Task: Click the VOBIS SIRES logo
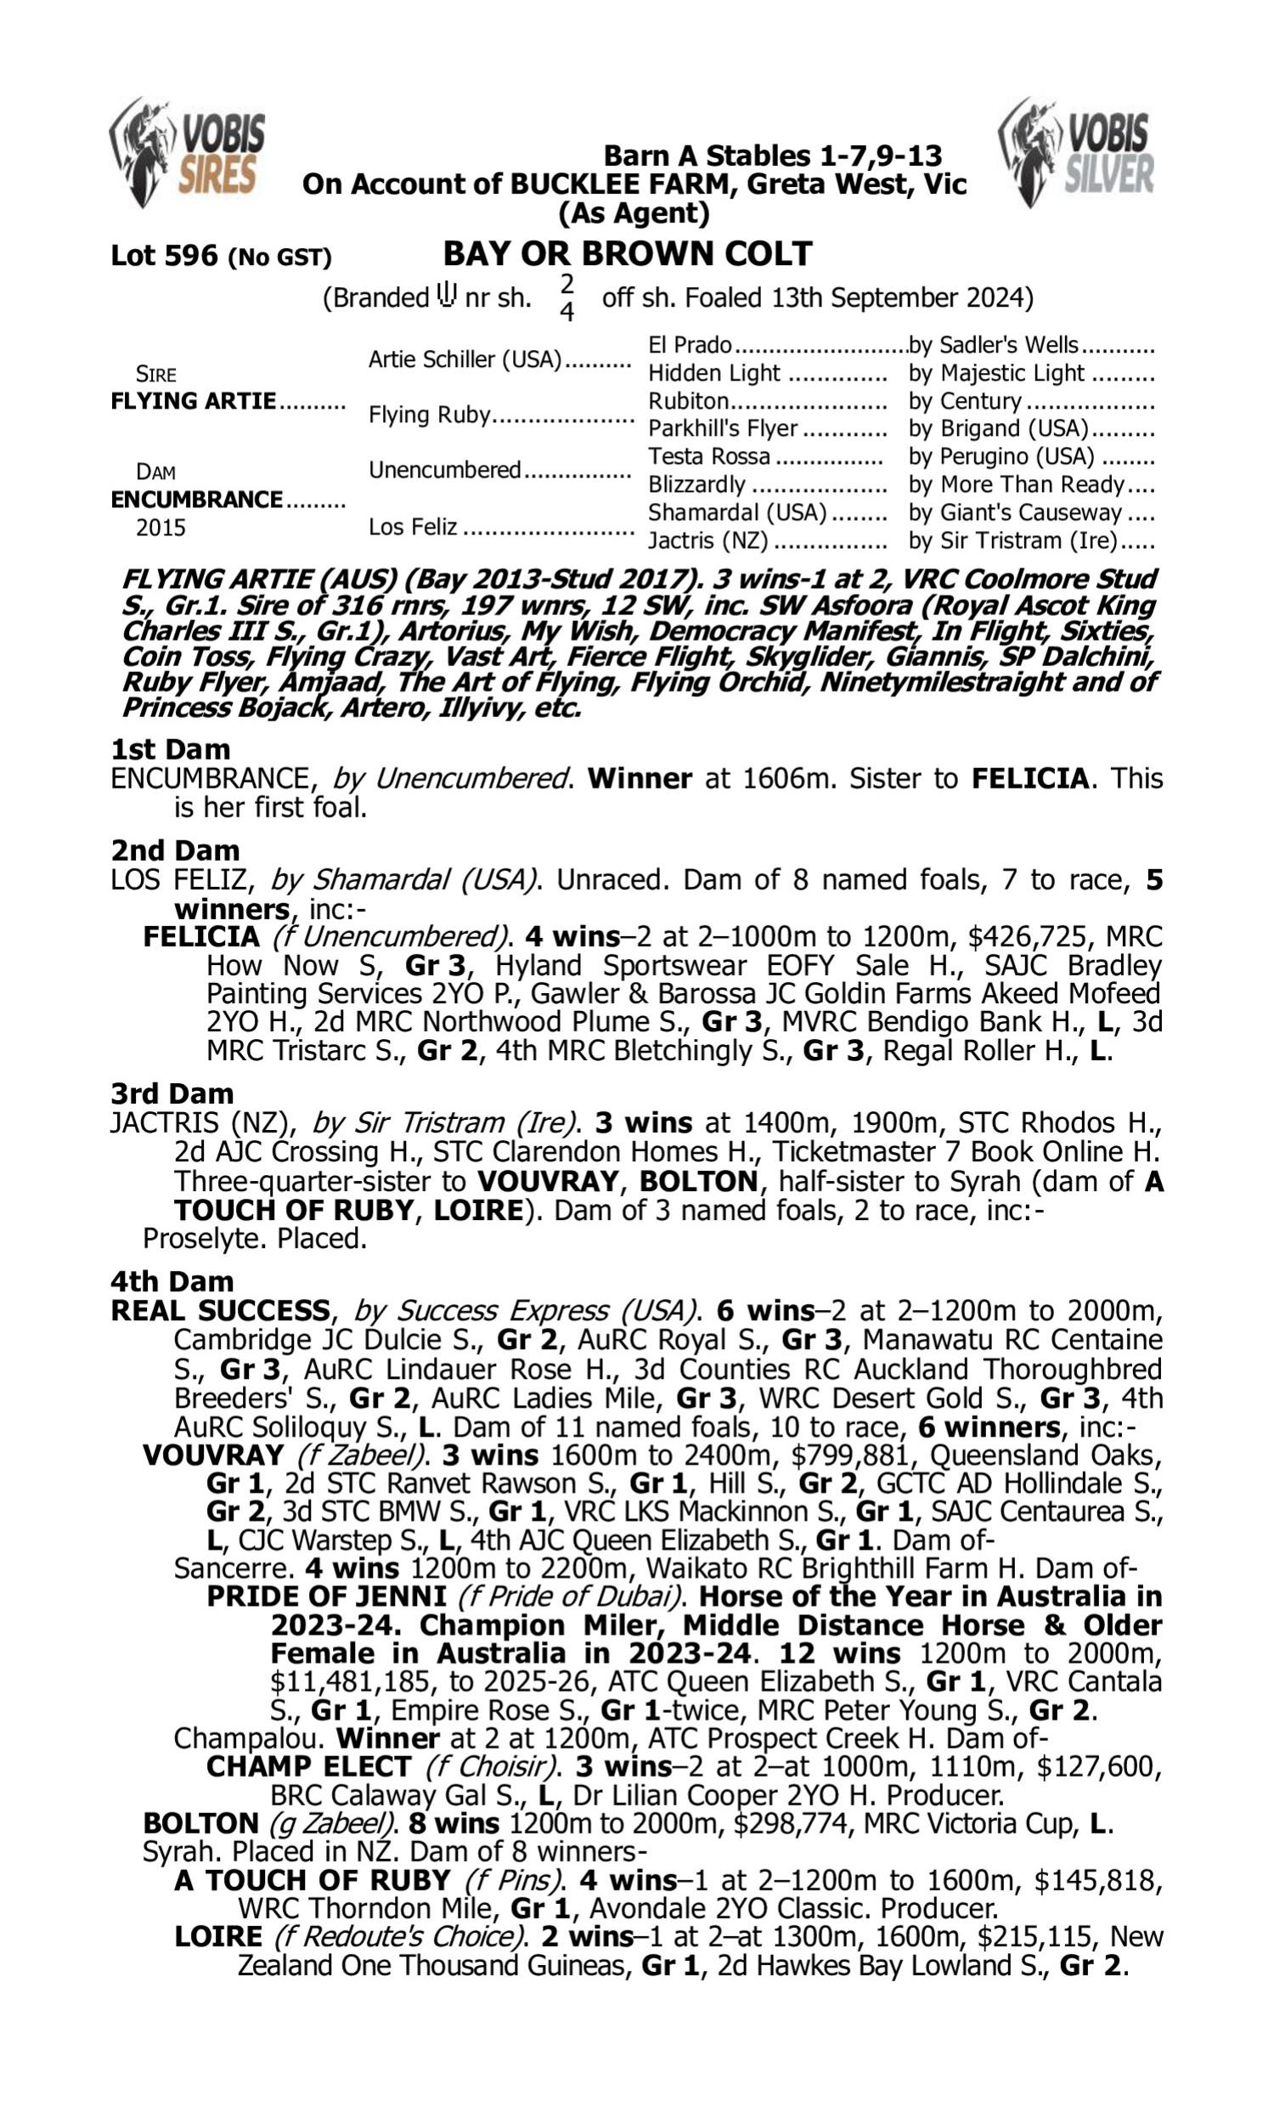(187, 153)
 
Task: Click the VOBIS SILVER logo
(1077, 153)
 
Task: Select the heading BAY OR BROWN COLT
(628, 254)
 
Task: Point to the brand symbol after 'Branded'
(447, 295)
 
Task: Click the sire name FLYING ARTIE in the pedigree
(193, 401)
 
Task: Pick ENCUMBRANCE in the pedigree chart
(196, 499)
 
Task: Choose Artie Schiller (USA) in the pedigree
(465, 359)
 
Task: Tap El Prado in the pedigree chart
(690, 345)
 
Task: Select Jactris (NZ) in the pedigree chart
(708, 541)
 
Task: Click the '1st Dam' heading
(170, 749)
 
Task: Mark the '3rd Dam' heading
(172, 1093)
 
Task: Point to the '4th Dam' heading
(172, 1281)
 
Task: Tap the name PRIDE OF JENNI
(326, 1596)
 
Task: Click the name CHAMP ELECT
(309, 1767)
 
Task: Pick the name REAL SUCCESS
(220, 1311)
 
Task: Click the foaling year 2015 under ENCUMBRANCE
(161, 527)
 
